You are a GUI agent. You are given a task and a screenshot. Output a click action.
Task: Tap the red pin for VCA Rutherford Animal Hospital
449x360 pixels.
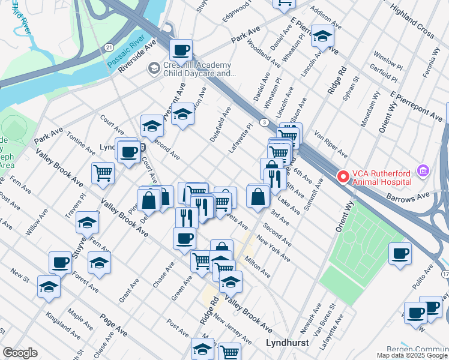coord(343,177)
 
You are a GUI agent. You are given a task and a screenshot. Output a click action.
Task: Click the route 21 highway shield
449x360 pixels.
coord(107,46)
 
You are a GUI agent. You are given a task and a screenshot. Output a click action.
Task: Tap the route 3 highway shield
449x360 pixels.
coord(264,122)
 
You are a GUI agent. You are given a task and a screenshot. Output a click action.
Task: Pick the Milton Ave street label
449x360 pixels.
coord(257,266)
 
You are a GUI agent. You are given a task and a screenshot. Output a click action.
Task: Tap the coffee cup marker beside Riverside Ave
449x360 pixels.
coord(180,50)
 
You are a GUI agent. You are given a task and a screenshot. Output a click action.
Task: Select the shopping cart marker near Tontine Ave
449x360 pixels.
coord(103,173)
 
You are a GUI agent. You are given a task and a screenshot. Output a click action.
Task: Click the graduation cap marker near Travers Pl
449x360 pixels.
coord(87,223)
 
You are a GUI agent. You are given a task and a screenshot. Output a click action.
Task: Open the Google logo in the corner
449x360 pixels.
coord(20,353)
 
